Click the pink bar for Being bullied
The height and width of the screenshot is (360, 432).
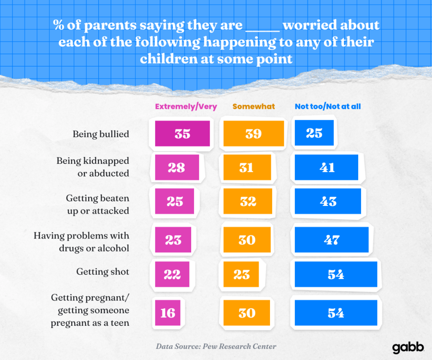click(x=182, y=133)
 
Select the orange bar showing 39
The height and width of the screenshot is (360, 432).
click(x=254, y=133)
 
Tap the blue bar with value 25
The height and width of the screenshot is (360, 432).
click(x=314, y=133)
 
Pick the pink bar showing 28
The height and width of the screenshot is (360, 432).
click(x=176, y=168)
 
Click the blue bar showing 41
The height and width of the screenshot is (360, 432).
click(x=327, y=168)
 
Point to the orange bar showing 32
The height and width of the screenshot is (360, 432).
click(x=248, y=201)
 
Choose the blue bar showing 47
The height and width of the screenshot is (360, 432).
click(x=332, y=240)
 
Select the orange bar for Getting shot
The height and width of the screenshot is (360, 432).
click(x=242, y=274)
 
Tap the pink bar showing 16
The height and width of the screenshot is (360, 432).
click(x=167, y=313)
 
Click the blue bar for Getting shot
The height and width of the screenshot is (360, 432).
click(x=336, y=274)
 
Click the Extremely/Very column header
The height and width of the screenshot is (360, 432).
click(x=186, y=106)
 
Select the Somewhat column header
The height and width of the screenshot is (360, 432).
click(x=254, y=106)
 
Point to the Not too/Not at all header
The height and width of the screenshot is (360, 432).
click(x=328, y=106)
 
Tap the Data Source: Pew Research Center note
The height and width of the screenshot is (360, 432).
click(x=216, y=346)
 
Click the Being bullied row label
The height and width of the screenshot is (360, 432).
click(x=101, y=134)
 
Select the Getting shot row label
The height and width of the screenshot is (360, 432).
click(x=103, y=272)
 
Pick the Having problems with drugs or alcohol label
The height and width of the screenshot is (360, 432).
click(x=81, y=241)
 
